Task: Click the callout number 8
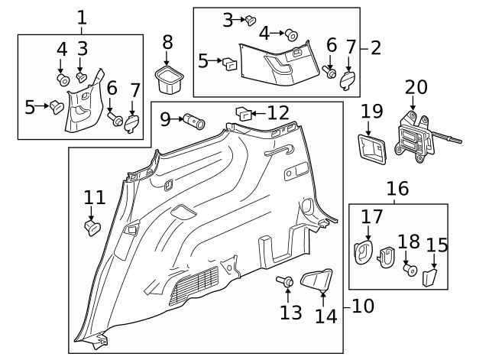click(167, 42)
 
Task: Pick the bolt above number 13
click(287, 284)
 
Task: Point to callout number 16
click(397, 189)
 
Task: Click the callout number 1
click(82, 17)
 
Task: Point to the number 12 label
click(277, 114)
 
